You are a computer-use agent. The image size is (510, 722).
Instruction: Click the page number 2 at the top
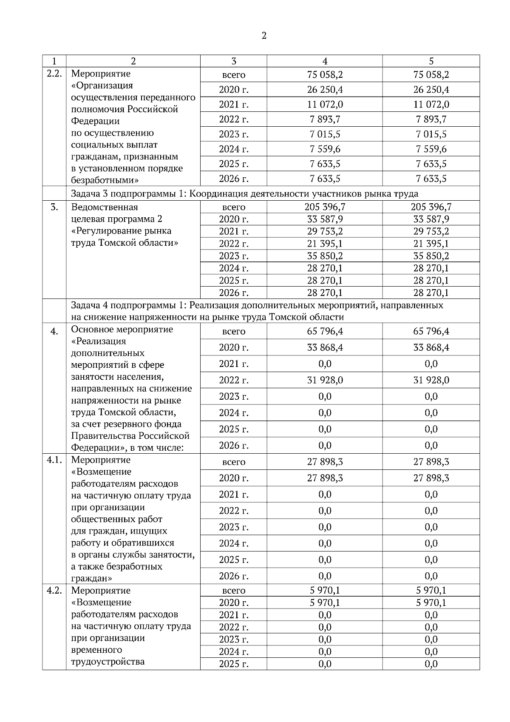point(263,36)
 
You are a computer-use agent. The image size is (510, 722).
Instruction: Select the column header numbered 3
point(233,61)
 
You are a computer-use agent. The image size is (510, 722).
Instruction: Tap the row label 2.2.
point(54,73)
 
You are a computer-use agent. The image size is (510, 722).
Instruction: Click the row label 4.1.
point(54,460)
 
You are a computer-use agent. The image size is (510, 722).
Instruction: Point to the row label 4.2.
point(54,590)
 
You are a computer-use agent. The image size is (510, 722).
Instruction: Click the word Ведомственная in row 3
point(105,207)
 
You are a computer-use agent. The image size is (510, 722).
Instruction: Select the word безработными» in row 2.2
point(105,180)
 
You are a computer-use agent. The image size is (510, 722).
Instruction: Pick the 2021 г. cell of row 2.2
point(233,105)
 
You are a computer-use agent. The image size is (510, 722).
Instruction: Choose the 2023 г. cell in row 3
point(233,256)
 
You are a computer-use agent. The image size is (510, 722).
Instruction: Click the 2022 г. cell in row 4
point(233,380)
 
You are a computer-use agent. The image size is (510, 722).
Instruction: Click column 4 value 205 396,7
point(325,207)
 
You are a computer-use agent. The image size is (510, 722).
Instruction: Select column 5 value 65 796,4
point(431,331)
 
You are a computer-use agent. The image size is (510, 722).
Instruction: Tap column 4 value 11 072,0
point(325,105)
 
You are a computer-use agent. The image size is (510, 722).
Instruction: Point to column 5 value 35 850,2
point(431,256)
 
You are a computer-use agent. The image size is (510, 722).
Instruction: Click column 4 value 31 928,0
point(325,380)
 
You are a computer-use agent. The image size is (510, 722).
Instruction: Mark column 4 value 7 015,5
point(325,134)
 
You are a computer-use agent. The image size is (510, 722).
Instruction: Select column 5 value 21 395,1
point(431,244)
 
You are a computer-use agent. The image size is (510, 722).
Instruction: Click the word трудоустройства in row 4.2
point(108,662)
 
